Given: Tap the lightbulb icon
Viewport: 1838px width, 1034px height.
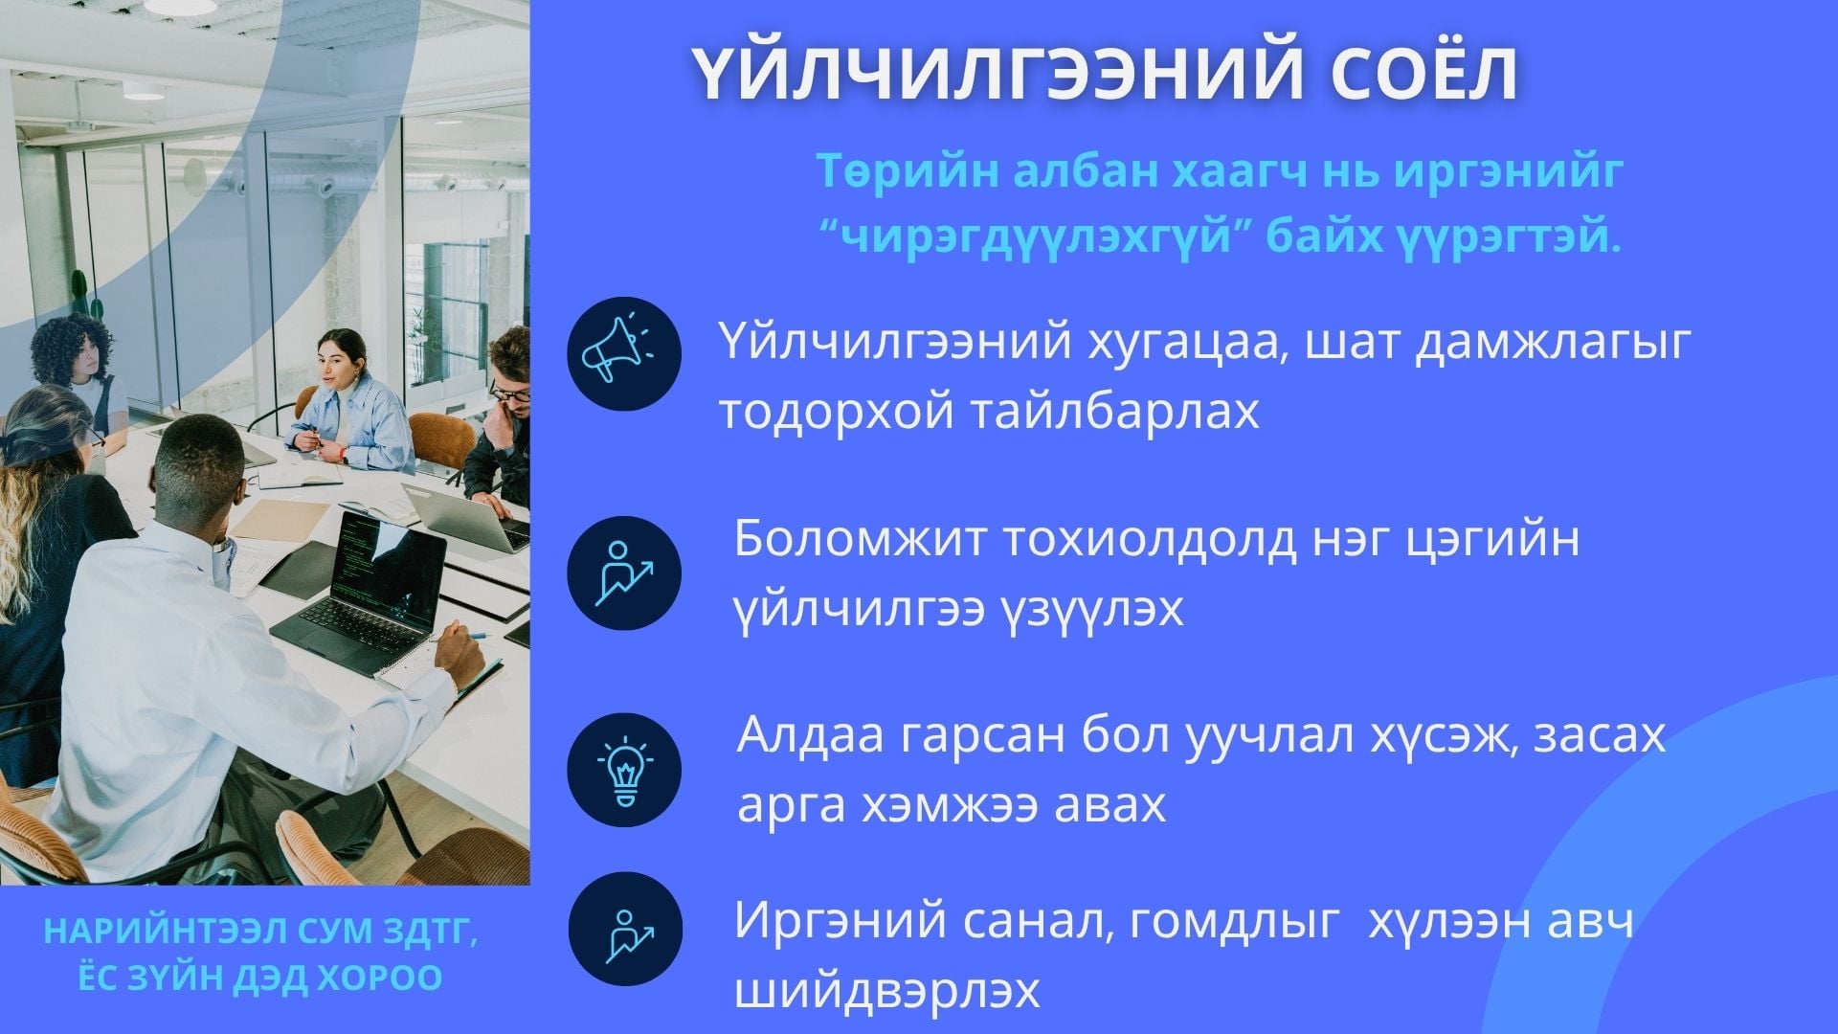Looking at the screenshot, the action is click(624, 771).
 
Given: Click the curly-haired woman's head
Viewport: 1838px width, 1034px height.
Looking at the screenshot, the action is click(72, 348).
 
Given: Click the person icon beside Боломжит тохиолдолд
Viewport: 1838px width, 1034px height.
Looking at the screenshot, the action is click(624, 573).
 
